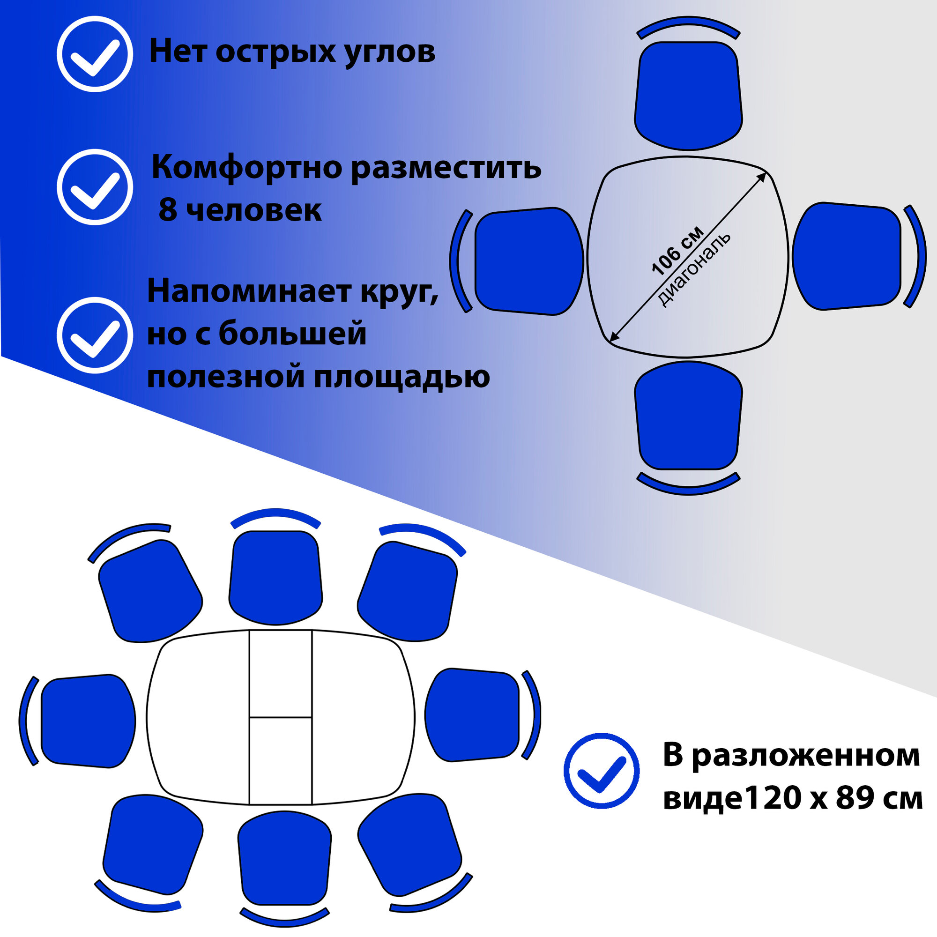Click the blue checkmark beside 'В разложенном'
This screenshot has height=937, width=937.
(602, 771)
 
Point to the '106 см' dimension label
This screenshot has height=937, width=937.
(677, 251)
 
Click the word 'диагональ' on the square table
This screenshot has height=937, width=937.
(693, 270)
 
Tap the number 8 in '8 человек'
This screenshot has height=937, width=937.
(168, 210)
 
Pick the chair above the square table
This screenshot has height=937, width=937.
(688, 95)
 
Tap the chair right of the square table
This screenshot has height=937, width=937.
(847, 256)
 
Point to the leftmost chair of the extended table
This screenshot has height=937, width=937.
(87, 721)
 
